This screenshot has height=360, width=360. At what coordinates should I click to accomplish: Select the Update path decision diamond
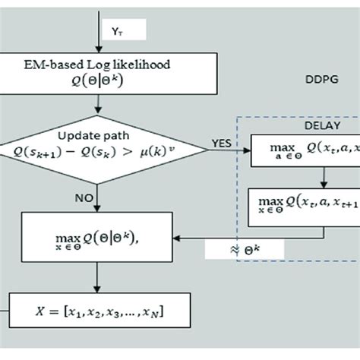click(x=99, y=144)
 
